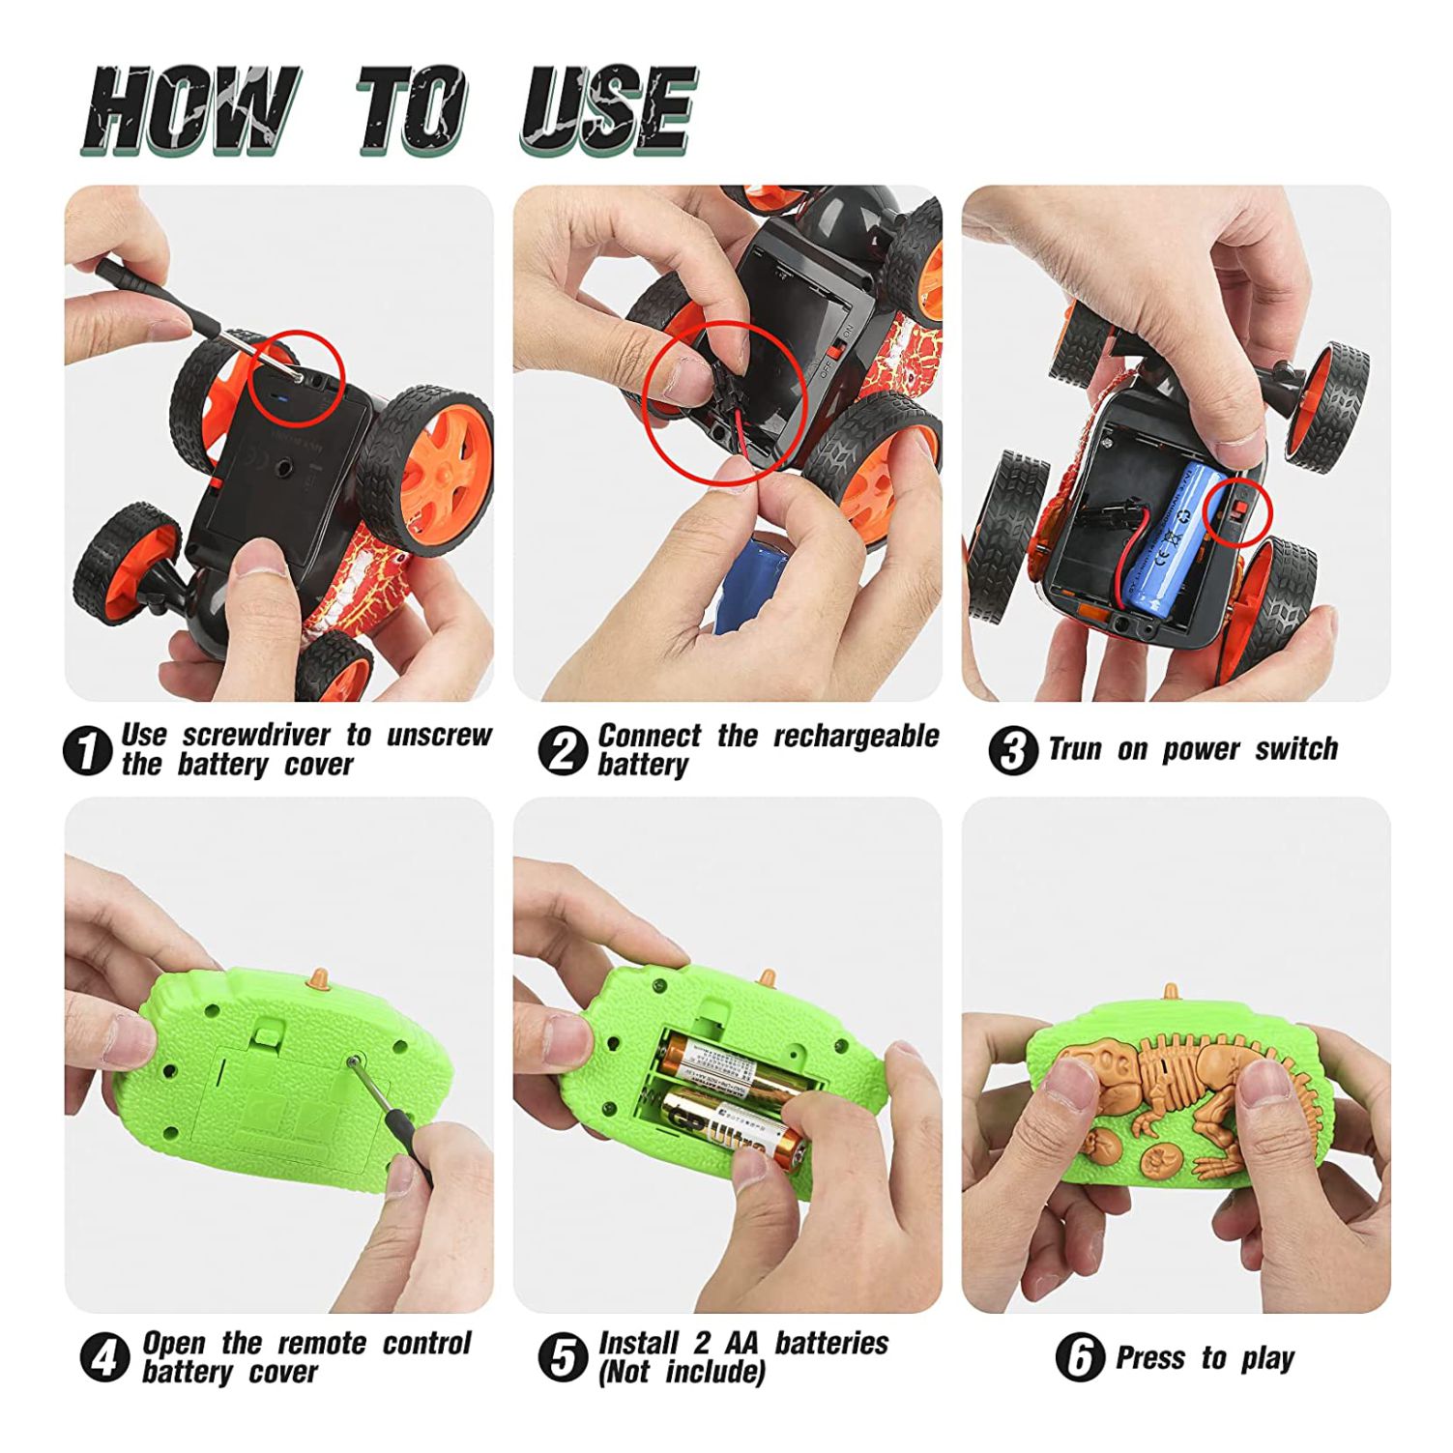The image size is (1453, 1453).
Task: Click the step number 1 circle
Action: coord(87,750)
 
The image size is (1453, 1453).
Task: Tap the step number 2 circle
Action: coord(563,750)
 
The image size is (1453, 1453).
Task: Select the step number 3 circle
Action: coord(1013,749)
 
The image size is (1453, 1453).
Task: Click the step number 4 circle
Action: coord(104,1358)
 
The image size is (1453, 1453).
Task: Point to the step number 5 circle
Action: coord(563,1357)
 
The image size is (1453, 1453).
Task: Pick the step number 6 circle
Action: coord(1081,1357)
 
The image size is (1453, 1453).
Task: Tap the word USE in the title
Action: coord(608,109)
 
